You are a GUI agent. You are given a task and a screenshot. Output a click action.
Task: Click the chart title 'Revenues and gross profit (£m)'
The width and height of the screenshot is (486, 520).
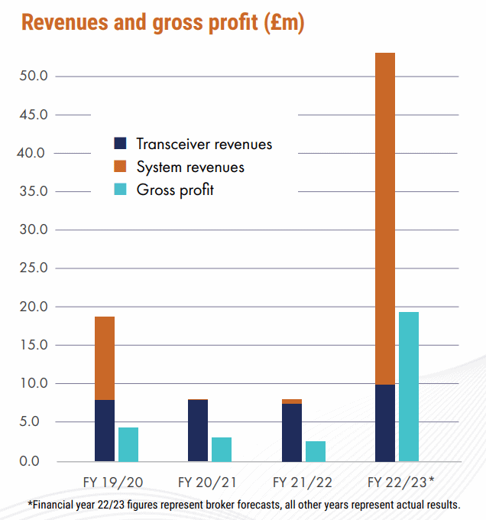[x=163, y=22]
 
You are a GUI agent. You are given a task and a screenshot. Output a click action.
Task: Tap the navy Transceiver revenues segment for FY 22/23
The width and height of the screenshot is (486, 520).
[x=385, y=423]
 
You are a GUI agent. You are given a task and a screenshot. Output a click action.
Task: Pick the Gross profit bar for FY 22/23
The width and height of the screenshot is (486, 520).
[x=409, y=386]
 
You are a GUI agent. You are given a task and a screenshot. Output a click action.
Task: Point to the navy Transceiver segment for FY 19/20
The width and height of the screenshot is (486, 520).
[x=105, y=431]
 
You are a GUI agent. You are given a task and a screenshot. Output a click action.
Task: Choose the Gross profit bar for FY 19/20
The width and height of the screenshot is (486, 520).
[x=128, y=444]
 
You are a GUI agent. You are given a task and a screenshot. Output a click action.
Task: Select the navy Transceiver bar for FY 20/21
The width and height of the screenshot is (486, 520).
[x=198, y=431]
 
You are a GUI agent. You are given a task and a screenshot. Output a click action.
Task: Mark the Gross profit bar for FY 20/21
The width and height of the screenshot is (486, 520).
[x=222, y=449]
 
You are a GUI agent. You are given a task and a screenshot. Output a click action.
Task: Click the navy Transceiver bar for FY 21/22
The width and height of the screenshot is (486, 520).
[x=292, y=432]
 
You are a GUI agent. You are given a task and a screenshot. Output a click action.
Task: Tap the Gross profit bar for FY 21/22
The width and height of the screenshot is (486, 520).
[x=316, y=451]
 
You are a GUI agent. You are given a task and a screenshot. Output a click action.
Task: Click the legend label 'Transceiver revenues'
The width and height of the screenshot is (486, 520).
[x=204, y=144]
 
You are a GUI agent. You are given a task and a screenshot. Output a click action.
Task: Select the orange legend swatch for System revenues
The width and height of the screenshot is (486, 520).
[x=120, y=167]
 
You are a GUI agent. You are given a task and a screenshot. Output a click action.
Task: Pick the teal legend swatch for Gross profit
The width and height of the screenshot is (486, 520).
[x=120, y=190]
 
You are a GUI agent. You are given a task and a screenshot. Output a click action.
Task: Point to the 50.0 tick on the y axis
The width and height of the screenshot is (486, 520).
[x=34, y=76]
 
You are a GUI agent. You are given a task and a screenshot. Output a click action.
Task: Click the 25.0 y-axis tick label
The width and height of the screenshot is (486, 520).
[x=34, y=268]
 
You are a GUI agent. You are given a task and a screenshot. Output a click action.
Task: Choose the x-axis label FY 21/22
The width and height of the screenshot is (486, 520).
[x=303, y=483]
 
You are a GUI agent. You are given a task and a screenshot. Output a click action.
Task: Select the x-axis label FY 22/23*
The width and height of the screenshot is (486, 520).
[x=400, y=483]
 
